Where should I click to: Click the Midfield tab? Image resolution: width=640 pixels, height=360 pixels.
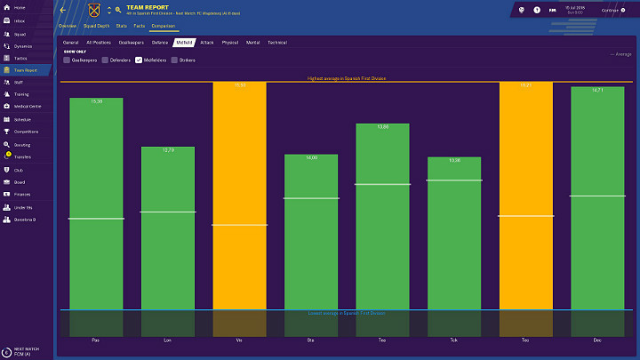tap(185, 42)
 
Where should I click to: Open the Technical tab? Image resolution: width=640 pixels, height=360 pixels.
tap(277, 42)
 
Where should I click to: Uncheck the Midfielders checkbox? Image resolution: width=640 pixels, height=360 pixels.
tap(139, 60)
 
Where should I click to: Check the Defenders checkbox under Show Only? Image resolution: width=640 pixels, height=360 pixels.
tap(104, 60)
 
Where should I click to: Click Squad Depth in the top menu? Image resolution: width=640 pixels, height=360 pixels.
tap(96, 27)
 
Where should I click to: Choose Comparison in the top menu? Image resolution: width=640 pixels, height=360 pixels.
tap(163, 27)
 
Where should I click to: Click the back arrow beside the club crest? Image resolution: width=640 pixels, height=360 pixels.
tap(63, 11)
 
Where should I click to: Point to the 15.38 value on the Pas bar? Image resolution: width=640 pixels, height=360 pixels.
tap(96, 102)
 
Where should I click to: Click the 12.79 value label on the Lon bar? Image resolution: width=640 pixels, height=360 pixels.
tap(167, 150)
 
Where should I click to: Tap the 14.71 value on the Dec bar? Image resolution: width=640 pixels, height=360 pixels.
tap(596, 91)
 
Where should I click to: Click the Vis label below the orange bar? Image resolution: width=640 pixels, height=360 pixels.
tap(239, 339)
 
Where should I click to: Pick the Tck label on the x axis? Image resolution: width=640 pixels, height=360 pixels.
tap(453, 339)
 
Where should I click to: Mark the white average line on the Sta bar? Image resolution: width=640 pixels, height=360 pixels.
tap(311, 198)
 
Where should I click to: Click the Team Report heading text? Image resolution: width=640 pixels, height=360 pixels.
tap(148, 6)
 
